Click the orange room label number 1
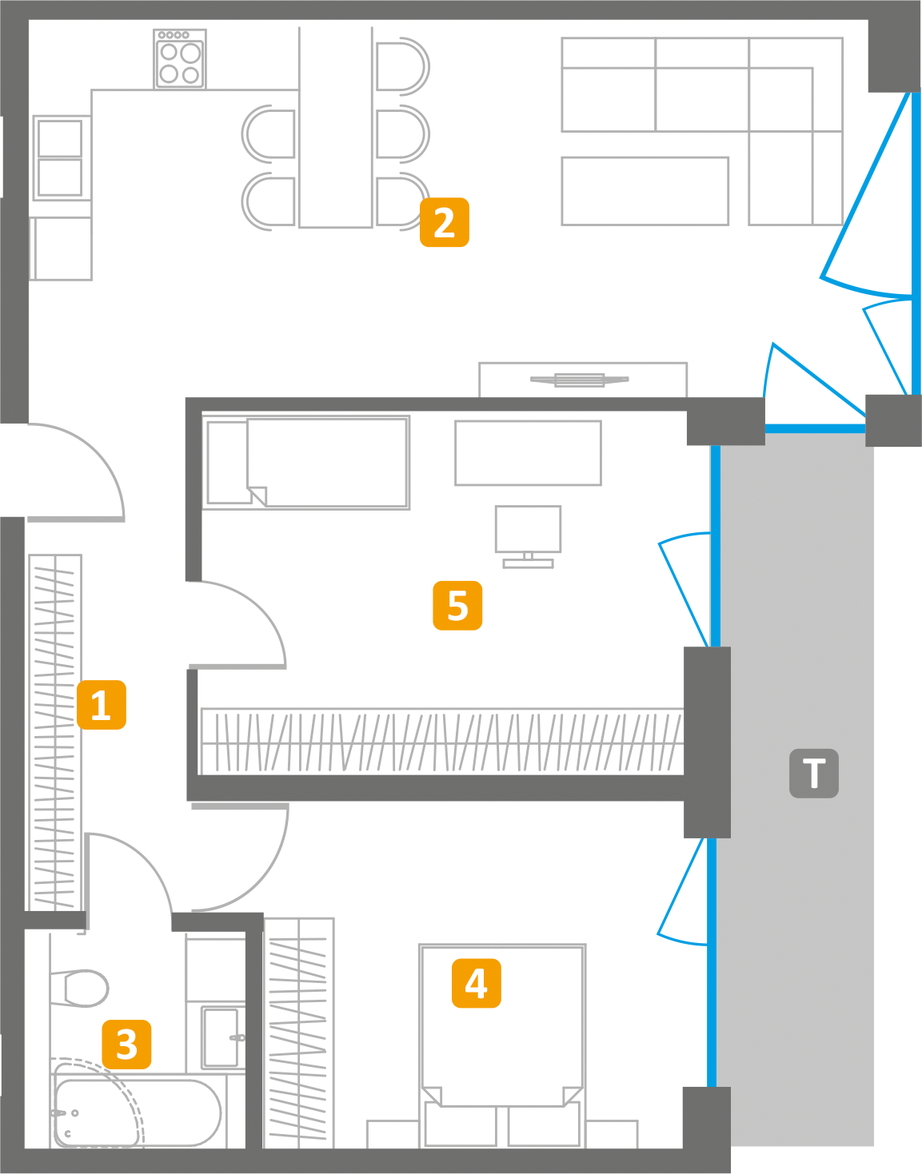pyautogui.click(x=102, y=705)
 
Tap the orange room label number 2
pyautogui.click(x=445, y=222)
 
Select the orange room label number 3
pyautogui.click(x=126, y=1044)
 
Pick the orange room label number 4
pyautogui.click(x=477, y=983)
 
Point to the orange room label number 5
pyautogui.click(x=457, y=606)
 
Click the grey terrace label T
pyautogui.click(x=814, y=774)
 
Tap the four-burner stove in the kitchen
pyautogui.click(x=179, y=60)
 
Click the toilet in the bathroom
pyautogui.click(x=80, y=988)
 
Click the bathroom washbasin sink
pyautogui.click(x=221, y=1037)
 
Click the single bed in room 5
pyautogui.click(x=308, y=462)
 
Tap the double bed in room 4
pyautogui.click(x=502, y=1039)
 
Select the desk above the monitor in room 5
pyautogui.click(x=528, y=453)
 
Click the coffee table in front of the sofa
pyautogui.click(x=645, y=191)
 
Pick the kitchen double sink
pyautogui.click(x=59, y=157)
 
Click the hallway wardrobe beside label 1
pyautogui.click(x=54, y=731)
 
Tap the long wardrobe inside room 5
pyautogui.click(x=441, y=741)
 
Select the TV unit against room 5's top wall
pyautogui.click(x=582, y=380)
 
